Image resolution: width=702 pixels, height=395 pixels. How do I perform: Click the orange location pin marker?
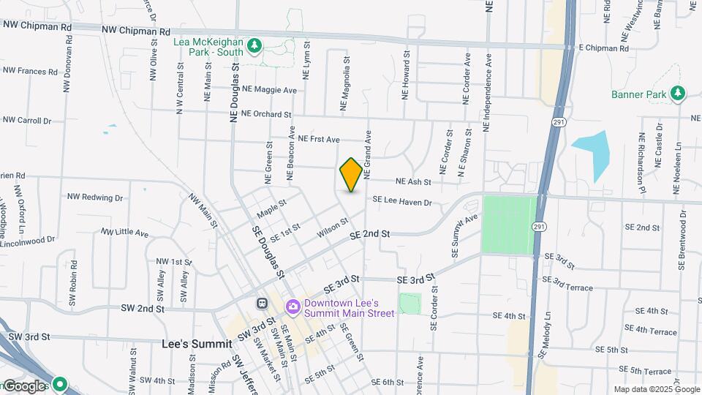coord(351,174)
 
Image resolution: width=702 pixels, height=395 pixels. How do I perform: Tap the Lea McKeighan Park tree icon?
coord(254,46)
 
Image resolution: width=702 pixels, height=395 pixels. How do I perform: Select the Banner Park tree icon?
coord(678,94)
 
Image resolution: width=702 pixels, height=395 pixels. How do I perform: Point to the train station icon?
coord(261,303)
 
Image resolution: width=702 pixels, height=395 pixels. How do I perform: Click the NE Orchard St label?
coord(266,114)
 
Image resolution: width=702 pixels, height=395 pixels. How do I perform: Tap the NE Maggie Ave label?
coord(270,90)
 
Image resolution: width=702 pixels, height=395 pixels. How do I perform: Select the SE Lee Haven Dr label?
coord(402,200)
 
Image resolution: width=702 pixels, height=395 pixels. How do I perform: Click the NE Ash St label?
coord(413,181)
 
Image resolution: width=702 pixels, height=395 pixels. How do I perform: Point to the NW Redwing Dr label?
coord(95,197)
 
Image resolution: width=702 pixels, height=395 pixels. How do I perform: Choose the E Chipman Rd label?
coord(603,48)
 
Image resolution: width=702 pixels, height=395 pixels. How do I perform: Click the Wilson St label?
coord(332,227)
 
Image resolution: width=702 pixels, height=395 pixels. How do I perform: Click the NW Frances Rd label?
coord(30,72)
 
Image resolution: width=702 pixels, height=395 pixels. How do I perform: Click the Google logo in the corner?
coord(26,385)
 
